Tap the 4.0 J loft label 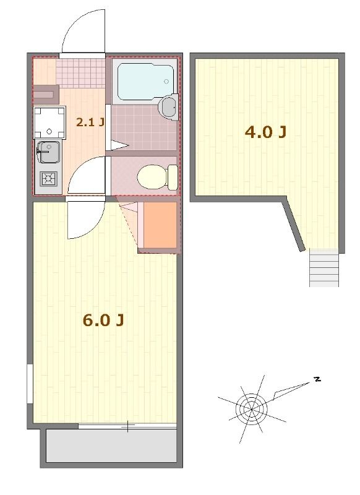265,132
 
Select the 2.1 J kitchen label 89,122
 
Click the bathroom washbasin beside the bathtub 168,107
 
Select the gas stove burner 47,179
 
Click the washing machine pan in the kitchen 49,122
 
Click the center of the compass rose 251,408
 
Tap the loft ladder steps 324,267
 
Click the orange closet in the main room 159,224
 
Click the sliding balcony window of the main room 127,426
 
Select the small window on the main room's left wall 30,384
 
